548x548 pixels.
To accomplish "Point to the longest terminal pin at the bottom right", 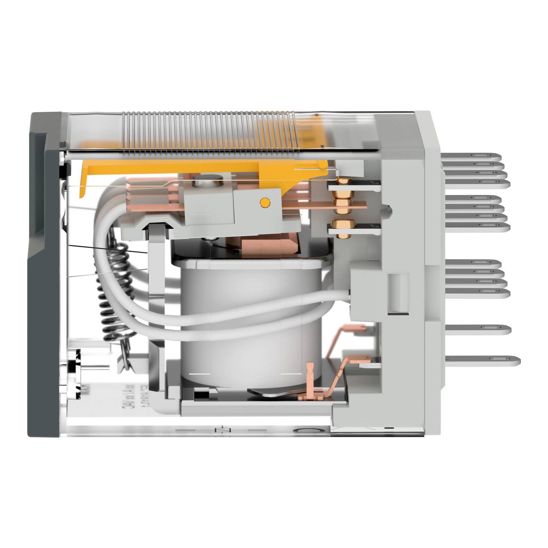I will click(x=482, y=361).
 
